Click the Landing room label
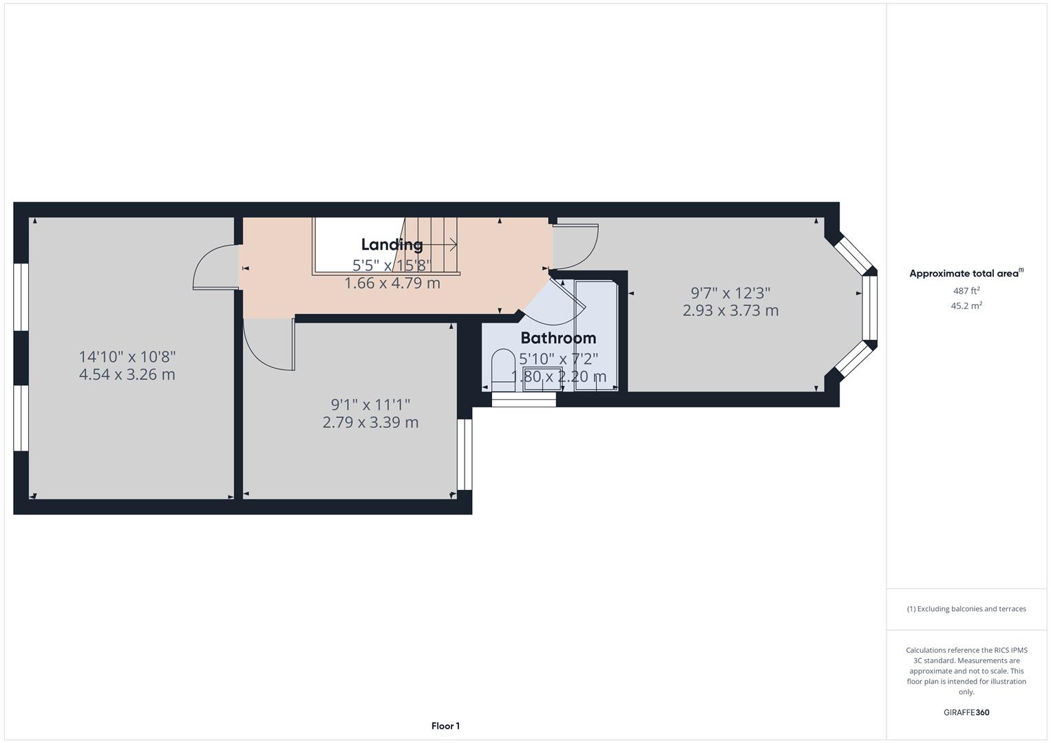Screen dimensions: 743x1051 click(392, 244)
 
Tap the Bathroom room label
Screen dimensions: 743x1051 click(558, 338)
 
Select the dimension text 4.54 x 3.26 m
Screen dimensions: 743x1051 click(127, 375)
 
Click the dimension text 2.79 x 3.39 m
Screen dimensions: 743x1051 click(370, 422)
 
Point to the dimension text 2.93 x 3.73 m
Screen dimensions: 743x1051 click(730, 310)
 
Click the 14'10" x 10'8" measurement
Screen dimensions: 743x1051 click(127, 357)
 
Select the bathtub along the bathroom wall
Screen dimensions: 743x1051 click(596, 335)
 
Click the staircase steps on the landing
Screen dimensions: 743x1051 click(431, 244)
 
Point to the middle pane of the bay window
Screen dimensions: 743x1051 click(870, 308)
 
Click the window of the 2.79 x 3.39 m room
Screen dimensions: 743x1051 click(465, 454)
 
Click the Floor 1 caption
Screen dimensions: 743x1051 click(445, 726)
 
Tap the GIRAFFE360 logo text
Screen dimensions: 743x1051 click(966, 712)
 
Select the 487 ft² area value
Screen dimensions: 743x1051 click(966, 291)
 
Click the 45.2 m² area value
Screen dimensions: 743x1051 click(966, 306)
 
